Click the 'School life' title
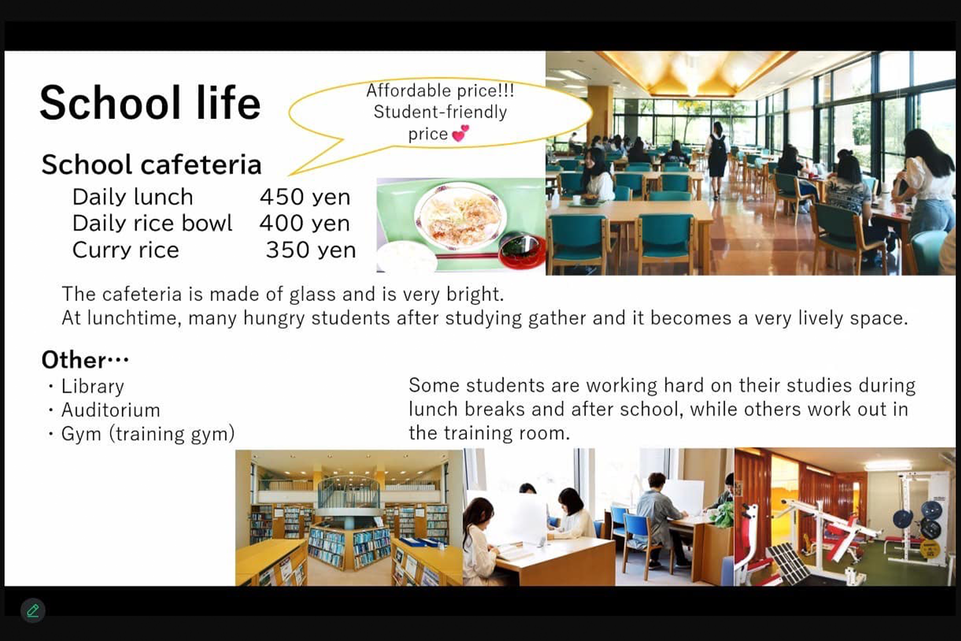(x=150, y=103)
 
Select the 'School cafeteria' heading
(x=152, y=164)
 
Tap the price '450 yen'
(x=305, y=197)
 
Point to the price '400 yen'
(x=304, y=223)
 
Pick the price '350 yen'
(x=311, y=250)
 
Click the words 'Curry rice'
(x=126, y=250)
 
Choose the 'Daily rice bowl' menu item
(x=152, y=223)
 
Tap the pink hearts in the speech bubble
(x=460, y=133)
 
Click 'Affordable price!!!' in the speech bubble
(x=440, y=91)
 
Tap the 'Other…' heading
(x=85, y=360)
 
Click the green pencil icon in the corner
(x=33, y=610)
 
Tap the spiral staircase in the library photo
(x=348, y=496)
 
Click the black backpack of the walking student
(x=719, y=145)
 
